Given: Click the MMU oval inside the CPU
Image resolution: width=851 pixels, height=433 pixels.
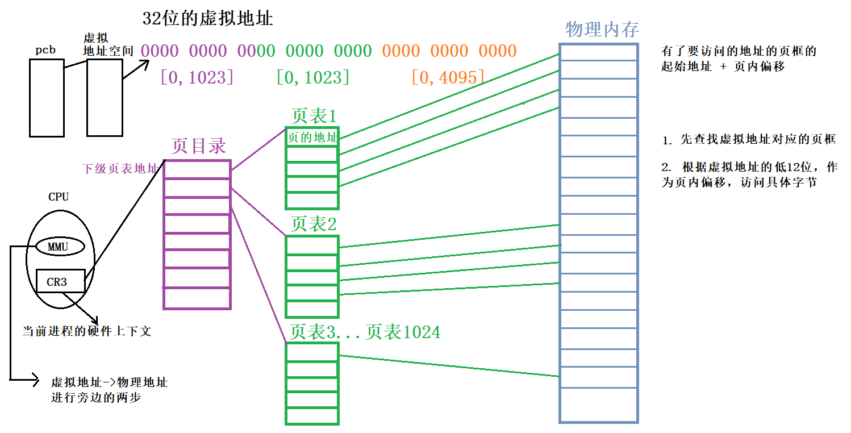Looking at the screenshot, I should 59,247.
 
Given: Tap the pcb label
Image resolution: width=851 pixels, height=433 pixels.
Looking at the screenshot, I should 45,50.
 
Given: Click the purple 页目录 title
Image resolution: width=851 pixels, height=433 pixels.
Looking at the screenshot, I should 198,147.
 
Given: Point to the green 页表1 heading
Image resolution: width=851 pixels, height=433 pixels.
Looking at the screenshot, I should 314,116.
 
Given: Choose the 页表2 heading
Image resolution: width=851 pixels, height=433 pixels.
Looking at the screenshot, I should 314,224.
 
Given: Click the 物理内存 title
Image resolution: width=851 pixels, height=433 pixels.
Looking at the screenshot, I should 602,30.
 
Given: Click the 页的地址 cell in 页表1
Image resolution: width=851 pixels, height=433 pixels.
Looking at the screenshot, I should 312,137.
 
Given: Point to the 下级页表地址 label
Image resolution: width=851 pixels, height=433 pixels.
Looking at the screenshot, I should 121,169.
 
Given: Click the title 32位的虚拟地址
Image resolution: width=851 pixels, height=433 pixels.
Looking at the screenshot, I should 207,19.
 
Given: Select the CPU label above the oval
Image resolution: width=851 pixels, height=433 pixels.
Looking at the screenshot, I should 59,197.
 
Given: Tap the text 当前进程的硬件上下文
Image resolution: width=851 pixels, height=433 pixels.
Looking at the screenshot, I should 87,331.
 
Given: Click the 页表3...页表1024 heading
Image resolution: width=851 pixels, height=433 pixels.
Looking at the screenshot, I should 365,332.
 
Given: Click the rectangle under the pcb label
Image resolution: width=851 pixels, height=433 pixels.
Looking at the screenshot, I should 47,97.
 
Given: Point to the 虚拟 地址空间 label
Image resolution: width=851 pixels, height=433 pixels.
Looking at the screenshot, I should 107,45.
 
